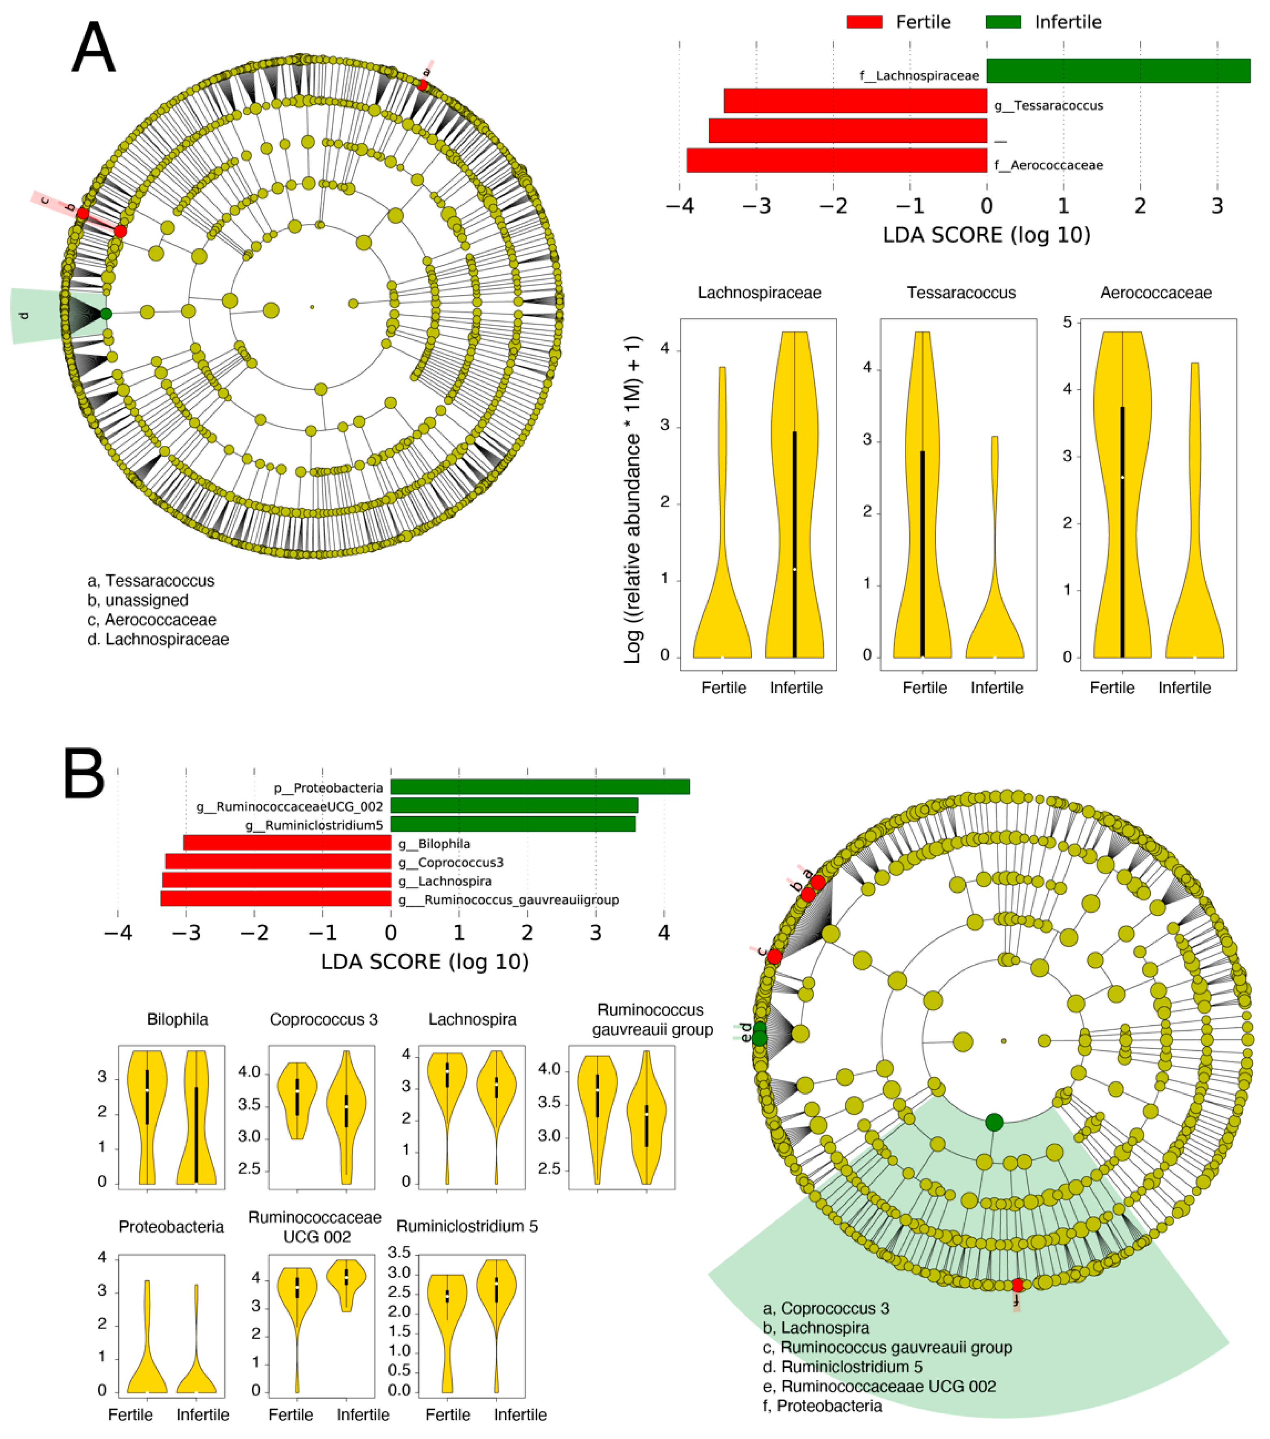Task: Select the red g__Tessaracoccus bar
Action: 855,101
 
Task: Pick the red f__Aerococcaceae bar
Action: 836,160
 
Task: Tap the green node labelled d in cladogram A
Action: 105,314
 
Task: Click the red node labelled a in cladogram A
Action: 423,85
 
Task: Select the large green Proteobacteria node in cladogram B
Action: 993,1122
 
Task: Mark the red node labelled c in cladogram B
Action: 774,957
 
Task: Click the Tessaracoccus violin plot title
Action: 961,293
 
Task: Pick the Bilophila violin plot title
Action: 177,1019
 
